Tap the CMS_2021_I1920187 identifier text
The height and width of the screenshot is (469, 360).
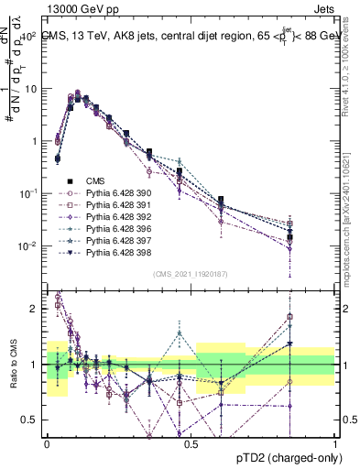pos(191,273)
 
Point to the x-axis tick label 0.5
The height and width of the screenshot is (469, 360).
pos(191,442)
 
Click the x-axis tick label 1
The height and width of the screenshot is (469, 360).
pos(335,442)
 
